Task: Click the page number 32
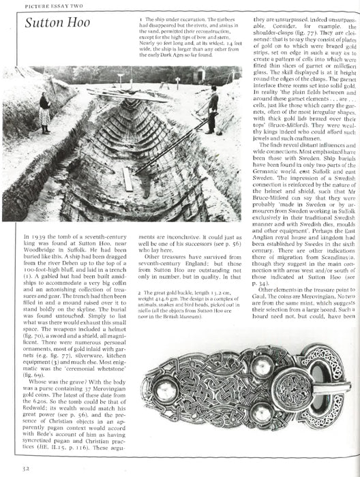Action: [x=25, y=469]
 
